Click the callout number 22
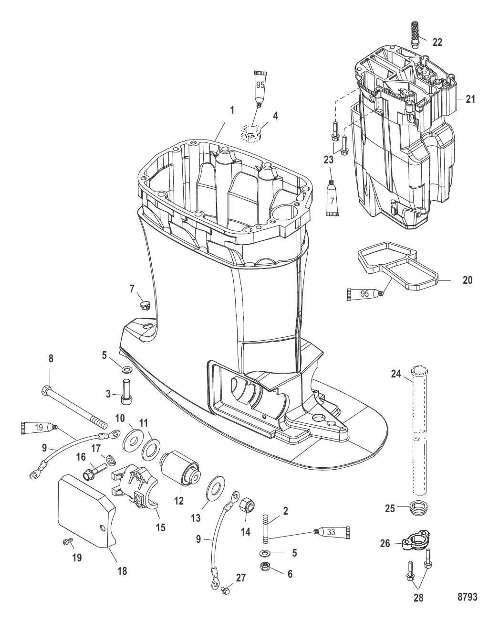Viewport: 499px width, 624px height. click(437, 42)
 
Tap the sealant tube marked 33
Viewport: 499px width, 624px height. click(334, 532)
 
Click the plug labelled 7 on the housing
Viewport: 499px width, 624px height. click(145, 304)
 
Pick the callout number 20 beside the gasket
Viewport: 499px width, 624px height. click(468, 280)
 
